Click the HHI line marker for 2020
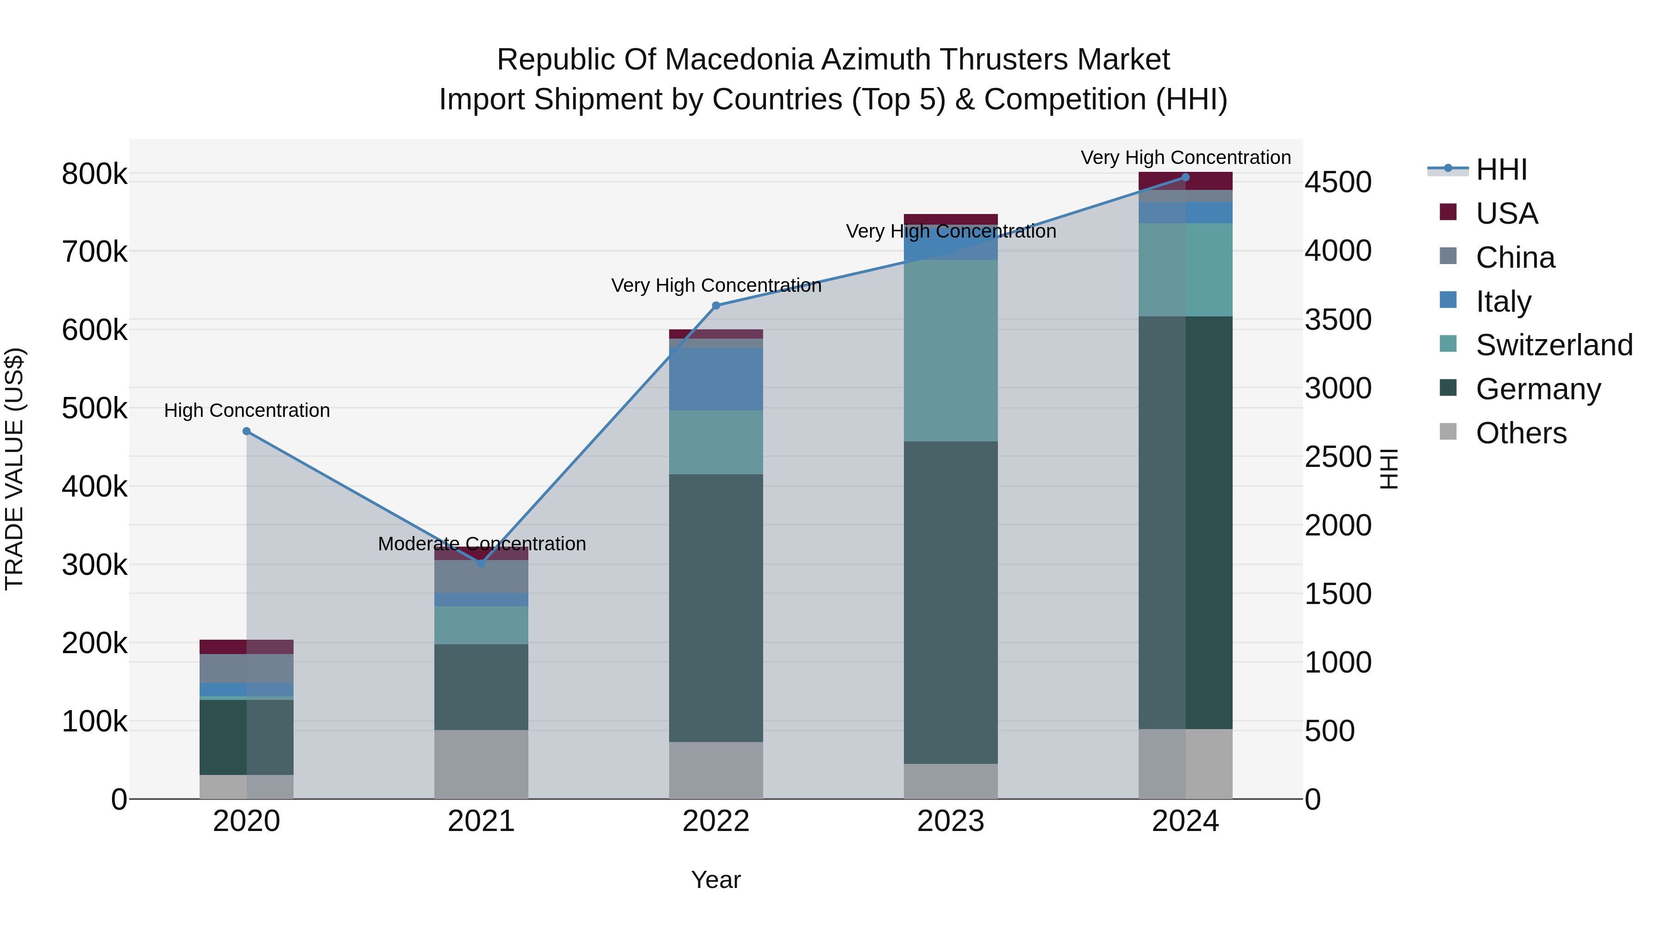pos(246,431)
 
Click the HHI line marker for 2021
pos(481,564)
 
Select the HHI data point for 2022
pos(716,306)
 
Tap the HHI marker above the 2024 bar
pos(1185,177)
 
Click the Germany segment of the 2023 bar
pos(951,602)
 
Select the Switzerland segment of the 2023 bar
pos(951,350)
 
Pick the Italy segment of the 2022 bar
pos(716,379)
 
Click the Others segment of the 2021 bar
pos(481,764)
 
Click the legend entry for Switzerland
pos(1553,345)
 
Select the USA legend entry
pos(1506,213)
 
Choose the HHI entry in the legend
pos(1501,170)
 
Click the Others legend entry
pos(1520,433)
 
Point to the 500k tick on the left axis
pos(94,409)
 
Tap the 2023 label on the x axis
pos(951,821)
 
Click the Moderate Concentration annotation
pos(482,544)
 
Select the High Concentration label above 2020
pos(246,410)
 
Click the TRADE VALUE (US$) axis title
pos(14,469)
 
